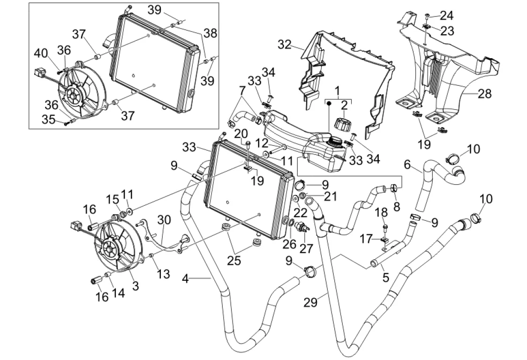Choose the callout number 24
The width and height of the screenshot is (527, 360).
pyautogui.click(x=446, y=15)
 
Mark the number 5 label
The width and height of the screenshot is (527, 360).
pyautogui.click(x=385, y=278)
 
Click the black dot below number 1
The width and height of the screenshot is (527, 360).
pyautogui.click(x=329, y=102)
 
